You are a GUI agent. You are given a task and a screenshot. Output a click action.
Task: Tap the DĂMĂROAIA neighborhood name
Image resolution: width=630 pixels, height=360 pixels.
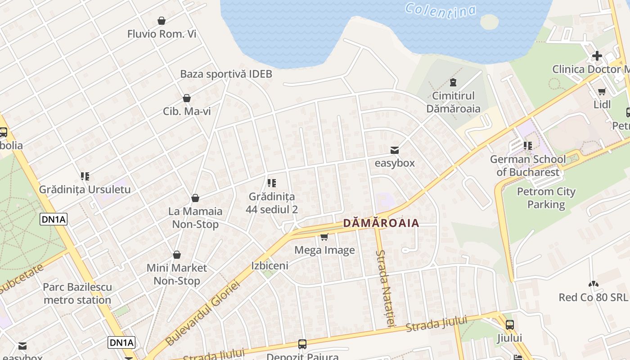[x=381, y=223]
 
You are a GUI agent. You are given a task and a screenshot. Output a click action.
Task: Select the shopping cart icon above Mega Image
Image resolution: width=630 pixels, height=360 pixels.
[x=324, y=237]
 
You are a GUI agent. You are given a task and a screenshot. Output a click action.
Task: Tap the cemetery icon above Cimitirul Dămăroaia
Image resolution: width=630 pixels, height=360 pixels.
[x=453, y=83]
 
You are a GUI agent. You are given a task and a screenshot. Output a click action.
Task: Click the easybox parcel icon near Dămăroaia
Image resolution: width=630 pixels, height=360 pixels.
[x=395, y=150]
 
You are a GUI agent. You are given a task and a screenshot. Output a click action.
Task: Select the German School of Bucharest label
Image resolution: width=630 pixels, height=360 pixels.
[x=528, y=166]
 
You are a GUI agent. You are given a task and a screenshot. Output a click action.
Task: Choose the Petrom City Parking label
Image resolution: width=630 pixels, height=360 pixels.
[x=546, y=198]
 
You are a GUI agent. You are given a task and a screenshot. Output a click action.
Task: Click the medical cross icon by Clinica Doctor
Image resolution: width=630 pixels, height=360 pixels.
[x=597, y=56]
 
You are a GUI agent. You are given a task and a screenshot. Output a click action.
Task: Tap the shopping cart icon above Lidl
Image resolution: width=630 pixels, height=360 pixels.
[x=602, y=91]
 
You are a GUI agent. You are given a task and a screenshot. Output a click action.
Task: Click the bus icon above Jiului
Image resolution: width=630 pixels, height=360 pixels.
[x=509, y=324]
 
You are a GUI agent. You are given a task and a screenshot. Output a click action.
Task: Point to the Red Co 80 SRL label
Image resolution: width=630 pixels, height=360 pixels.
[x=593, y=297]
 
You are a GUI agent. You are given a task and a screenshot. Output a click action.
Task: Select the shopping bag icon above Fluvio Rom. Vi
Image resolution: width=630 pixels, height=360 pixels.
[x=161, y=21]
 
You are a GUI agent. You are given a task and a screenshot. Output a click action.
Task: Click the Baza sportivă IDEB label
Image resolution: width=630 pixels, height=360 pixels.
[x=226, y=74]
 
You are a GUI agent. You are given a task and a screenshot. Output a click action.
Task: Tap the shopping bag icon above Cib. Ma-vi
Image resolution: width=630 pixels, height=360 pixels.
[x=186, y=98]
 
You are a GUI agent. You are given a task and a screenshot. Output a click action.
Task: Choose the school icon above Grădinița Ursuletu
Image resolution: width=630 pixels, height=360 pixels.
[x=85, y=176]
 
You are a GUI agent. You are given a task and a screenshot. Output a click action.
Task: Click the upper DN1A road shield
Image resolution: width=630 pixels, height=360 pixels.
[x=54, y=219]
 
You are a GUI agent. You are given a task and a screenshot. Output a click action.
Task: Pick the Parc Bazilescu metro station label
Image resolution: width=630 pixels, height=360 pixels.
[x=77, y=293]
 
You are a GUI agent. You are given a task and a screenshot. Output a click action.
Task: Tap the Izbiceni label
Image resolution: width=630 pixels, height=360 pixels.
[x=270, y=265]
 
